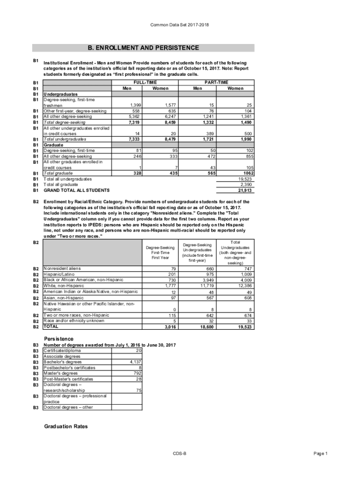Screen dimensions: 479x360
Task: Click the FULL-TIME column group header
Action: tap(145, 82)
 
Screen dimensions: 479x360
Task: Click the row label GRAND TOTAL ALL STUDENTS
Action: tap(76, 190)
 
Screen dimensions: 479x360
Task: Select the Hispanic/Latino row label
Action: tap(58, 274)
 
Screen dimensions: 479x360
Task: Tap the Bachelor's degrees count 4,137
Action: tap(134, 362)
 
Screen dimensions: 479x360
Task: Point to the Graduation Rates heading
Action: tap(65, 427)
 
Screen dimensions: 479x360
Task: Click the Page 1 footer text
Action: tap(321, 454)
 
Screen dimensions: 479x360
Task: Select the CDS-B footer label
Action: tap(180, 454)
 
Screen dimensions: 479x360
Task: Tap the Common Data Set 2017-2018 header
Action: tap(180, 24)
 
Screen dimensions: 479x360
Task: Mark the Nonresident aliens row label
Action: tap(62, 269)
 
